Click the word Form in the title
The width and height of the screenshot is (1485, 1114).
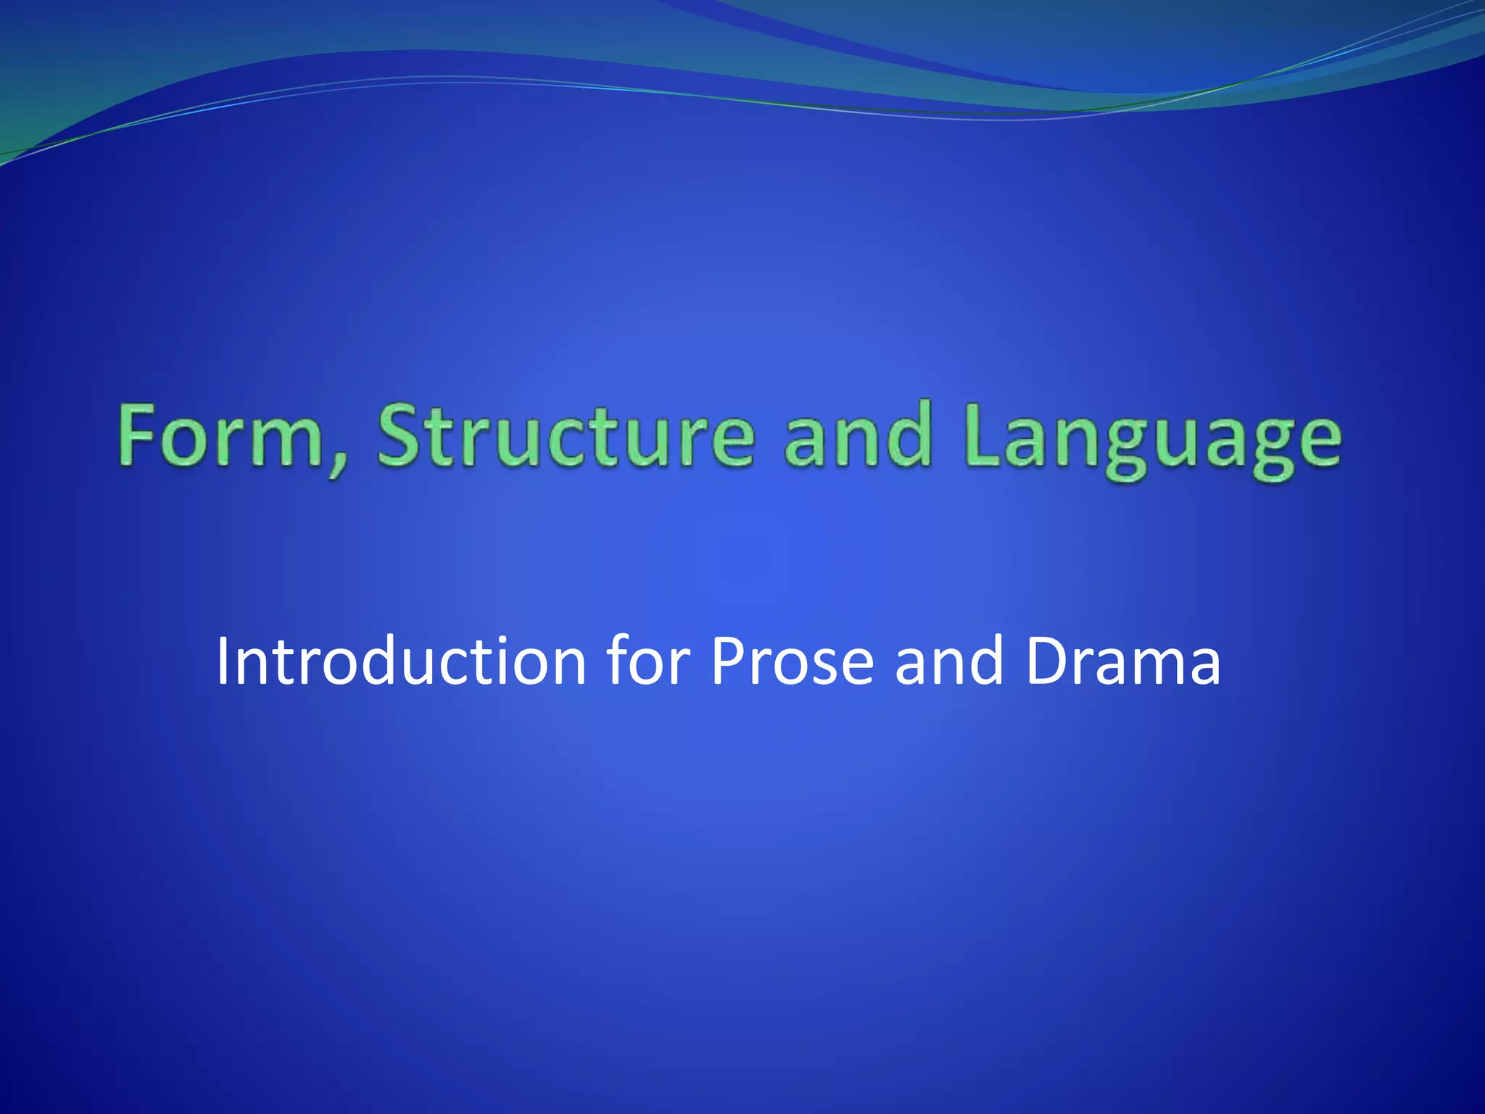(x=221, y=437)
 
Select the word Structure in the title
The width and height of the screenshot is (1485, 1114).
(x=566, y=437)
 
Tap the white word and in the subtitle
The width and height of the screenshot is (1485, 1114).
(x=949, y=661)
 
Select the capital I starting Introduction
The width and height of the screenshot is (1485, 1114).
(x=223, y=661)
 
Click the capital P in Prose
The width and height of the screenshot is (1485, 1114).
(x=728, y=661)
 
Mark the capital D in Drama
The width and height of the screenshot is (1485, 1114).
(x=1047, y=661)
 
